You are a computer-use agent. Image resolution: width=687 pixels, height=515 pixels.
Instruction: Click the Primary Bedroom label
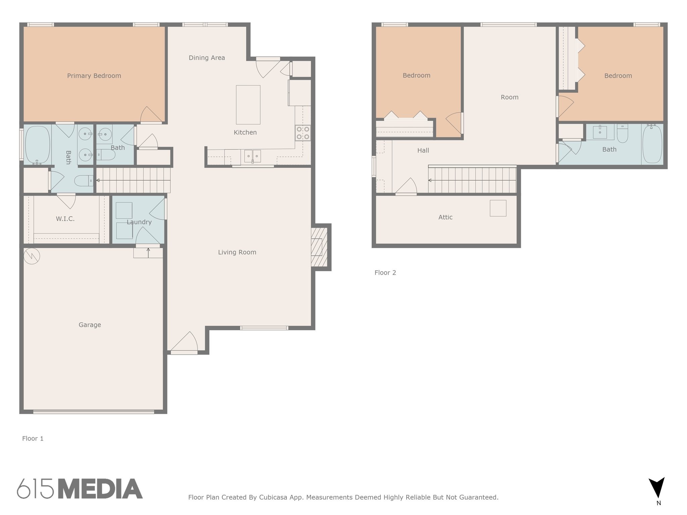coord(94,76)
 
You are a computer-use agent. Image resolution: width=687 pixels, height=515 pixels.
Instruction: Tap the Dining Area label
coord(207,58)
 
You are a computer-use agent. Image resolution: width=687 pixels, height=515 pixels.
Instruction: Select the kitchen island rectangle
coord(248,105)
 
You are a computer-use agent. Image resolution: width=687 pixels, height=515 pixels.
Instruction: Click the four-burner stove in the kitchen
coord(303,132)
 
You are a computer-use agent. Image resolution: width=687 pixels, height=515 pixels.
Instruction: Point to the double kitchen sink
coord(252,156)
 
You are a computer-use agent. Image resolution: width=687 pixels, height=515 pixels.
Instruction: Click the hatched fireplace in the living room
coord(319,247)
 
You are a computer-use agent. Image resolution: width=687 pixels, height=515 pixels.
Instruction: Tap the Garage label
coord(90,325)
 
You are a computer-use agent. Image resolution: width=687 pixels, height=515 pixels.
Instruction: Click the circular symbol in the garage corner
coord(32,256)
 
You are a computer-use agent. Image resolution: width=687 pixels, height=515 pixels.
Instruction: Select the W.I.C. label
coord(65,219)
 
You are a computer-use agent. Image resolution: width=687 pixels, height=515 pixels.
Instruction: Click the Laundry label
coord(139,222)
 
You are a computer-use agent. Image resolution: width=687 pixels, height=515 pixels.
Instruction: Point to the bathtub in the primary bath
coord(38,145)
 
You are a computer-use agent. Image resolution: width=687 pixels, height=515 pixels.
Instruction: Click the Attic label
coord(445,217)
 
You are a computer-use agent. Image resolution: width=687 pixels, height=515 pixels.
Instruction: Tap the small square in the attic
coord(498,208)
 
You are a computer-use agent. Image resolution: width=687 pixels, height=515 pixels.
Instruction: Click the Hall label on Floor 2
coord(423,151)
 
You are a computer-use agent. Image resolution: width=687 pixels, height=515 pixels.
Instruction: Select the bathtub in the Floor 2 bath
coord(652,144)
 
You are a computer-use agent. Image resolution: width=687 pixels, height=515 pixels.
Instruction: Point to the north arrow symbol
coord(656,488)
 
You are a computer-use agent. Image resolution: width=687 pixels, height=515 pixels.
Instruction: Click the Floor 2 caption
coord(385,273)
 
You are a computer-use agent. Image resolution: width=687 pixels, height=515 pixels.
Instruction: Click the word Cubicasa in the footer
coord(273,497)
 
